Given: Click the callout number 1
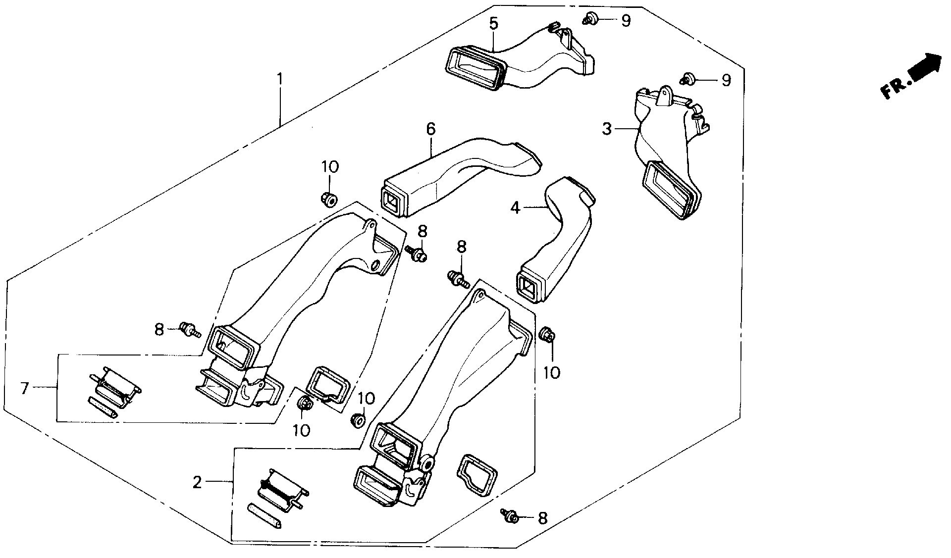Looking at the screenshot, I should [x=280, y=79].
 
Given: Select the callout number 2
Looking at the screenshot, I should [x=197, y=482].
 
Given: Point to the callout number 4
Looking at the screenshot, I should [x=516, y=208].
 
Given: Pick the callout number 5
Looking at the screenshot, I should [x=493, y=23].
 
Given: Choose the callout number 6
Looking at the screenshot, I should [x=431, y=130].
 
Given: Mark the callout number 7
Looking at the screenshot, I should [x=25, y=388].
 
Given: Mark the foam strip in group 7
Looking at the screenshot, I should [x=103, y=407].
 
